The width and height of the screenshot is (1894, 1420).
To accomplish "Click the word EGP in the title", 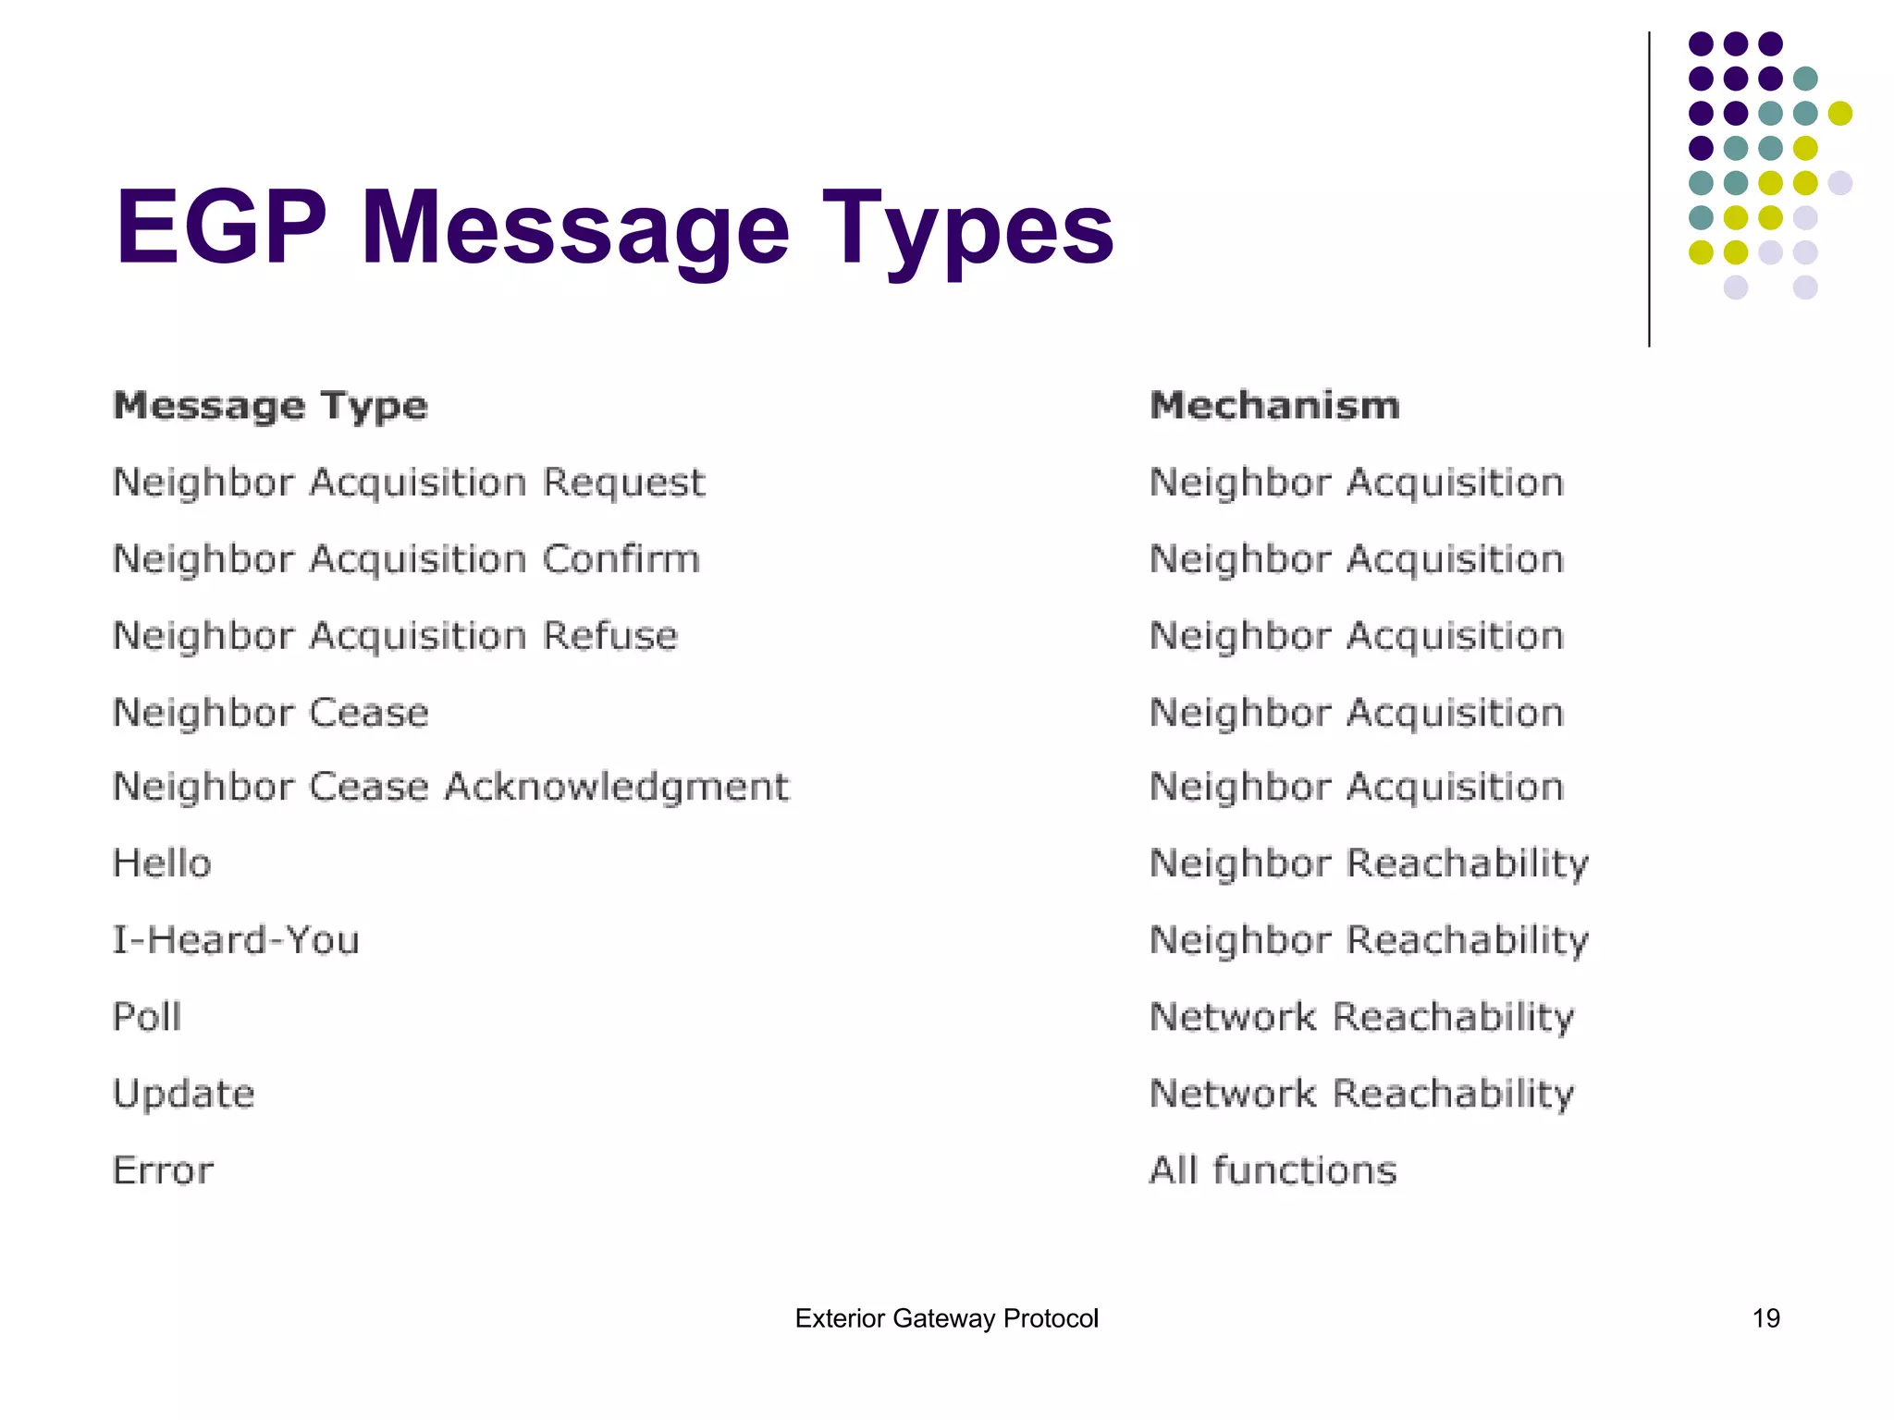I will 221,227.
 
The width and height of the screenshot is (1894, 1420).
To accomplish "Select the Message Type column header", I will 270,406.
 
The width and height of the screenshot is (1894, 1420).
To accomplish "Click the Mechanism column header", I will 1274,406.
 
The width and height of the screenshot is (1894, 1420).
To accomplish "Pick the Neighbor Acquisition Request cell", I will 408,483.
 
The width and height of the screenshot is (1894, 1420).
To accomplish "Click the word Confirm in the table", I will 621,559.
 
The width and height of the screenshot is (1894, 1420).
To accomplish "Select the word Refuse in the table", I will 610,636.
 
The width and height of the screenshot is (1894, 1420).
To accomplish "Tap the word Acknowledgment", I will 616,788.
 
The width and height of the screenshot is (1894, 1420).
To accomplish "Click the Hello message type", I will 162,863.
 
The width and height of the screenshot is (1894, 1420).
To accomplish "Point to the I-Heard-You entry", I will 236,940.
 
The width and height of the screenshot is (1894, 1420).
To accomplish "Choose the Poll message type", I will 147,1017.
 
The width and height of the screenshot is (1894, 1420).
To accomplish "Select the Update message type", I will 183,1095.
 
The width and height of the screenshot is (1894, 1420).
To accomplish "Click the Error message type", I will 163,1170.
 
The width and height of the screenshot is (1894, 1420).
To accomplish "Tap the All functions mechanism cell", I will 1273,1170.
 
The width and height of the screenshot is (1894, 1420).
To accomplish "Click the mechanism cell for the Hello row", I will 1369,863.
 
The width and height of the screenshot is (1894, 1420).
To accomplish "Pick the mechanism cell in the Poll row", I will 1361,1017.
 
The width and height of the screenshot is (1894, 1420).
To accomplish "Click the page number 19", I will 1765,1318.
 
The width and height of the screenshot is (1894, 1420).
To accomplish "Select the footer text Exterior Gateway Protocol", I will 946,1318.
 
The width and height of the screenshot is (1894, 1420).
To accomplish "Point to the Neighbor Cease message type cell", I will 270,713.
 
